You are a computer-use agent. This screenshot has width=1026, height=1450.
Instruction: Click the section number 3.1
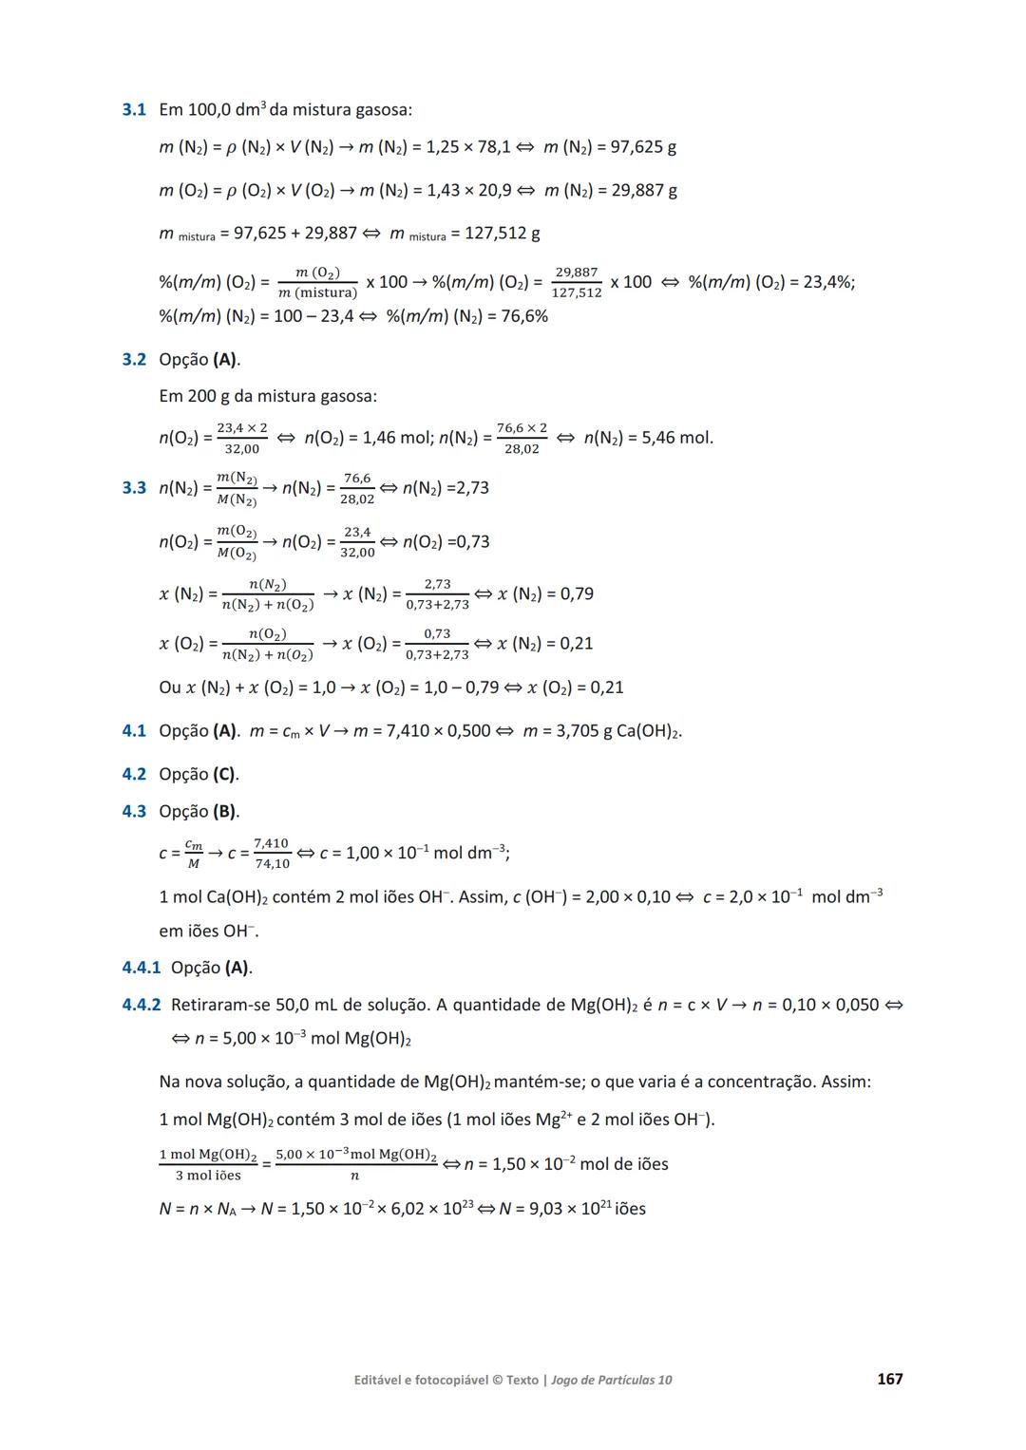pos(134,110)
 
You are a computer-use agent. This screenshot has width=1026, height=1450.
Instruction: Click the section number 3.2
pos(134,360)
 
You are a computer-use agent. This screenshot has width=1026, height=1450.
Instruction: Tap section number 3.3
pos(134,488)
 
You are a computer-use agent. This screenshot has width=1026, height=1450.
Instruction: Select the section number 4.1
pos(134,731)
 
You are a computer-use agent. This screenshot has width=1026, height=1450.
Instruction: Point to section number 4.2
pos(134,775)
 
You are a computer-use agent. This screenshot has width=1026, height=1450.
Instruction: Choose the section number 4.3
pos(134,812)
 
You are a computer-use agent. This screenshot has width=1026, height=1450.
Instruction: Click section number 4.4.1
pos(141,969)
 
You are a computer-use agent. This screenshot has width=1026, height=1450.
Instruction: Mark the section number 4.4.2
pos(141,1005)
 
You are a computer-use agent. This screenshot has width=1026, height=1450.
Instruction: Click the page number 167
pos(889,1379)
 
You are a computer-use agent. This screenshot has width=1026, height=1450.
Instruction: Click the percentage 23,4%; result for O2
pos(828,282)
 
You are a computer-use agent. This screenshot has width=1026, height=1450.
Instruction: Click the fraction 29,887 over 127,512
pos(577,282)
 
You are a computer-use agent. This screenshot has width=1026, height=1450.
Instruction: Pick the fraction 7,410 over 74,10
pos(272,853)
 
